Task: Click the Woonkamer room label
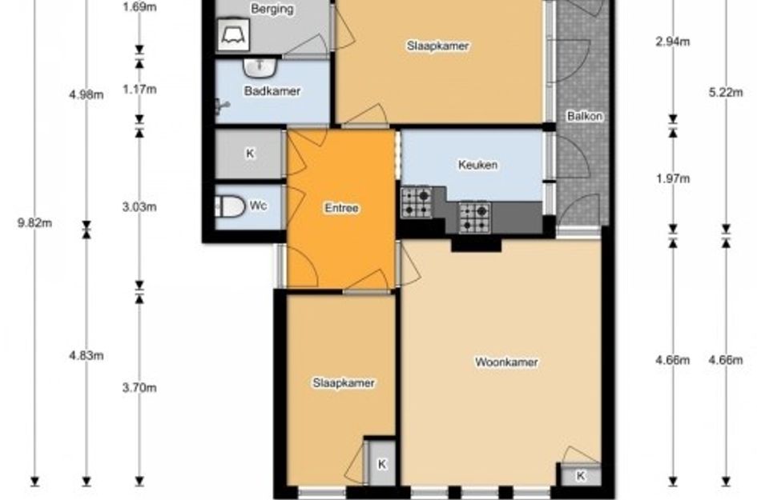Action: pyautogui.click(x=506, y=362)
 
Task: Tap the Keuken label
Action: pyautogui.click(x=477, y=165)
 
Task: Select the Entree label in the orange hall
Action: pyautogui.click(x=341, y=208)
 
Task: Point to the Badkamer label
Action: pyautogui.click(x=272, y=91)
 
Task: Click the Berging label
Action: pyautogui.click(x=272, y=9)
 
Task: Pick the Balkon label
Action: pyautogui.click(x=585, y=116)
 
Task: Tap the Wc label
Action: pyautogui.click(x=258, y=206)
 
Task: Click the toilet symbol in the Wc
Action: pyautogui.click(x=230, y=206)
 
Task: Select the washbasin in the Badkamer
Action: pyautogui.click(x=260, y=67)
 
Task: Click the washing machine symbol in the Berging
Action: pyautogui.click(x=234, y=34)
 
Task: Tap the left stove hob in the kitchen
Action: pyautogui.click(x=417, y=202)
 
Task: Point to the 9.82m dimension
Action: pyautogui.click(x=34, y=223)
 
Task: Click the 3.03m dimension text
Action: pyautogui.click(x=139, y=207)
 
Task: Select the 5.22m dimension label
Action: pyautogui.click(x=726, y=92)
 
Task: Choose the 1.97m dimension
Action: pyautogui.click(x=673, y=179)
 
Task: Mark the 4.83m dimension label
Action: pyautogui.click(x=86, y=355)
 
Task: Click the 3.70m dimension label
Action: pyautogui.click(x=139, y=388)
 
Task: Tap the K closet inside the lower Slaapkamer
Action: pyautogui.click(x=382, y=463)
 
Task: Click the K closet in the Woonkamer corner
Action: pyautogui.click(x=581, y=475)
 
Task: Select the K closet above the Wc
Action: pyautogui.click(x=250, y=154)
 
